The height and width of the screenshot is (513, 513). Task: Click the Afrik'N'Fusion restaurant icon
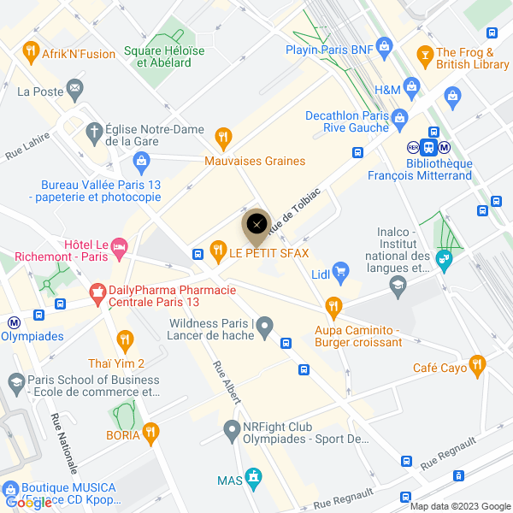[32, 52]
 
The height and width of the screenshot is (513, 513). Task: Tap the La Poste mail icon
[75, 87]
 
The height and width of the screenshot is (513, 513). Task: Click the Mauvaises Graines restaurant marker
[223, 136]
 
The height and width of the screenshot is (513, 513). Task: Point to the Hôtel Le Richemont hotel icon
[119, 246]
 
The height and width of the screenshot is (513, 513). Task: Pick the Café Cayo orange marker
[476, 366]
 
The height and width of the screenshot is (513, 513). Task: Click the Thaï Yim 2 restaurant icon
[125, 339]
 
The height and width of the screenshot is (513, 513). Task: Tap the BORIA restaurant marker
[151, 434]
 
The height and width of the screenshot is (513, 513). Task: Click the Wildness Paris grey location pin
[265, 326]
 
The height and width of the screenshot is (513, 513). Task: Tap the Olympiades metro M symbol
[14, 323]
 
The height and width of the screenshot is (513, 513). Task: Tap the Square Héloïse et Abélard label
[165, 56]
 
